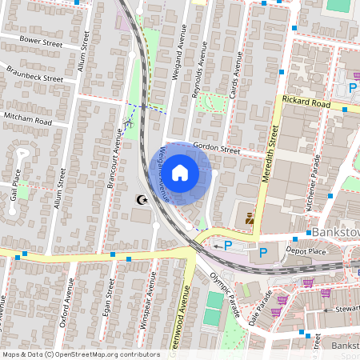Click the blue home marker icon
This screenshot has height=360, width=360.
tap(180, 173)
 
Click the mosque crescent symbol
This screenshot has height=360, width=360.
tap(142, 201)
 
